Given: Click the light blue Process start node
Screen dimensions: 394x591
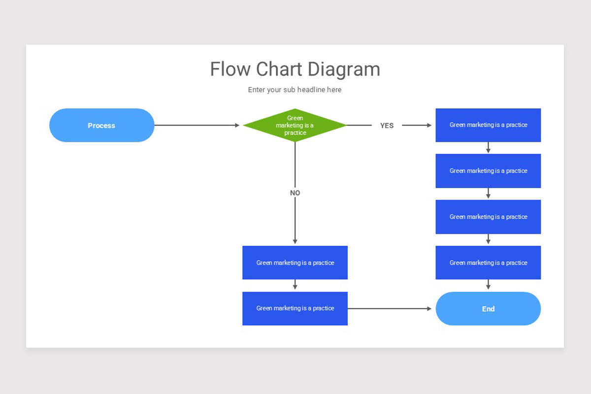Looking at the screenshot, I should click(x=101, y=125).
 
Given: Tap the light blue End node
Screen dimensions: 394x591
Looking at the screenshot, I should click(x=488, y=309).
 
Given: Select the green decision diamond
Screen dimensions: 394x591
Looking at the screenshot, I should click(x=295, y=125).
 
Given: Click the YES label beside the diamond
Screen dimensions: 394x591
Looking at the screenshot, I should click(x=387, y=126).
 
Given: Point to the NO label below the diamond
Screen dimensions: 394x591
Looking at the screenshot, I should click(x=295, y=193).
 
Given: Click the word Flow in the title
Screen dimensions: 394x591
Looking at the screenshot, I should click(x=230, y=69).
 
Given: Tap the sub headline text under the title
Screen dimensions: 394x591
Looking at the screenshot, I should click(x=295, y=90).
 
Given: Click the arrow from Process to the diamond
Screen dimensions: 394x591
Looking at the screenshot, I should click(x=197, y=125).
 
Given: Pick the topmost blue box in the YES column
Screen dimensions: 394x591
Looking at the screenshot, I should click(x=488, y=125).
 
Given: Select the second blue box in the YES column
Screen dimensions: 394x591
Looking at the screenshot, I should click(x=488, y=171).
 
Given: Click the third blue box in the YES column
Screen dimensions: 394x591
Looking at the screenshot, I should click(x=488, y=217).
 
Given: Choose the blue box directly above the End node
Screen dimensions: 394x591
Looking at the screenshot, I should click(x=488, y=263).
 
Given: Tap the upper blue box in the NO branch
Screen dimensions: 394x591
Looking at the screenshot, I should click(x=295, y=263).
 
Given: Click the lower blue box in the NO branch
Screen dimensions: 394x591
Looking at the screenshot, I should click(x=295, y=308).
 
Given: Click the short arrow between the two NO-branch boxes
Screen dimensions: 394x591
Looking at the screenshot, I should click(x=295, y=285).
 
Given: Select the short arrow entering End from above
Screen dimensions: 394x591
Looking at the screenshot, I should click(x=488, y=285).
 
